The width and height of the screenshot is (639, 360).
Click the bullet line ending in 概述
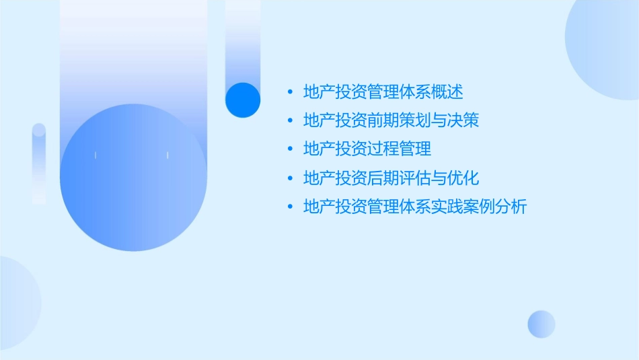(x=383, y=92)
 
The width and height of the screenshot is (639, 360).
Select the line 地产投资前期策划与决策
(x=391, y=120)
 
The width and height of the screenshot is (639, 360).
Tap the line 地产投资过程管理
(x=367, y=149)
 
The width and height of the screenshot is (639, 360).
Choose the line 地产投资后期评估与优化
(x=391, y=178)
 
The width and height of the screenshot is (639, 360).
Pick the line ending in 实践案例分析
(x=415, y=207)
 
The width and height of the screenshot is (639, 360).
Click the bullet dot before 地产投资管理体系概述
(x=290, y=92)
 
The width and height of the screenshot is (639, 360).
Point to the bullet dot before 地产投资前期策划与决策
(x=290, y=120)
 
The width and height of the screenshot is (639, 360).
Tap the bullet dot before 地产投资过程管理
(x=290, y=149)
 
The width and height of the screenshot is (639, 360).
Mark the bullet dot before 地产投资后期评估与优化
(x=290, y=178)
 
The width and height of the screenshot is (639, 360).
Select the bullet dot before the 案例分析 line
(x=290, y=207)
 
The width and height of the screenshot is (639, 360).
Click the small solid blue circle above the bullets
(x=242, y=100)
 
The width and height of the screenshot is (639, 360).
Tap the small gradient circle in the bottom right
(x=541, y=324)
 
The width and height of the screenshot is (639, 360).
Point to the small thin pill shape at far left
(x=39, y=164)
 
